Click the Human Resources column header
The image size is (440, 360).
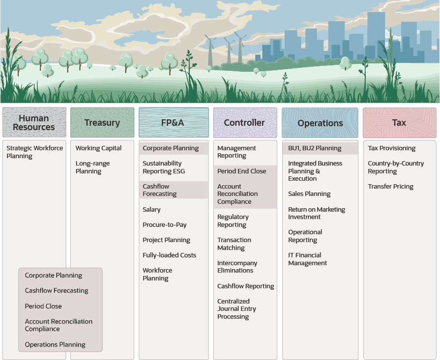point(34,123)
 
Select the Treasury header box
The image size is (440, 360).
point(102,123)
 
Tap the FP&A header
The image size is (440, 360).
point(173,123)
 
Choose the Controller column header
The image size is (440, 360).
point(244,123)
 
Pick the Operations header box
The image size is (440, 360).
point(320,123)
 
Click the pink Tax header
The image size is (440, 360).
point(399,123)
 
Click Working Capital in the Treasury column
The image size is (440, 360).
point(98,148)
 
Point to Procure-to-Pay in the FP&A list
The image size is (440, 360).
point(165,225)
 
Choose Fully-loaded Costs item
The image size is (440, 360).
point(169,255)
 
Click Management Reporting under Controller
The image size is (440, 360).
point(236,152)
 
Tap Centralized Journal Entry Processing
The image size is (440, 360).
point(236,309)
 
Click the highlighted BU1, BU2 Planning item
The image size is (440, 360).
point(315,148)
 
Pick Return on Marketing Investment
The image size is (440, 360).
point(317,213)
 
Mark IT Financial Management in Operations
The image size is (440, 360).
point(307,259)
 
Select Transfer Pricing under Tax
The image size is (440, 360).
point(390,187)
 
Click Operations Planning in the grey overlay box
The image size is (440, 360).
point(55,345)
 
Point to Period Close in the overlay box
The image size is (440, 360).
point(43,306)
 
